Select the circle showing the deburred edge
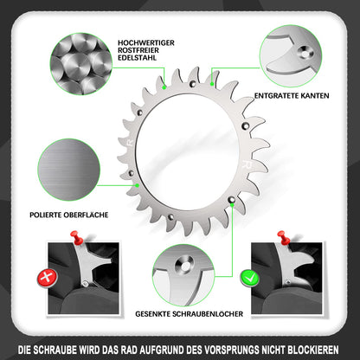click(292, 57)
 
